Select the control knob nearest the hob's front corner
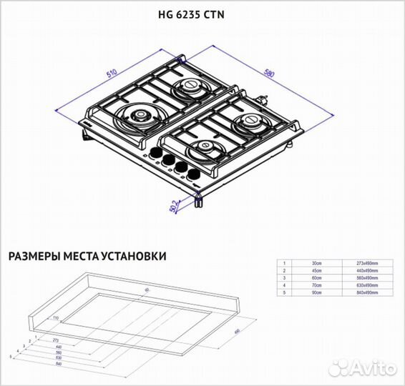(192, 175)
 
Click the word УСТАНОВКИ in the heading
(132, 255)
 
